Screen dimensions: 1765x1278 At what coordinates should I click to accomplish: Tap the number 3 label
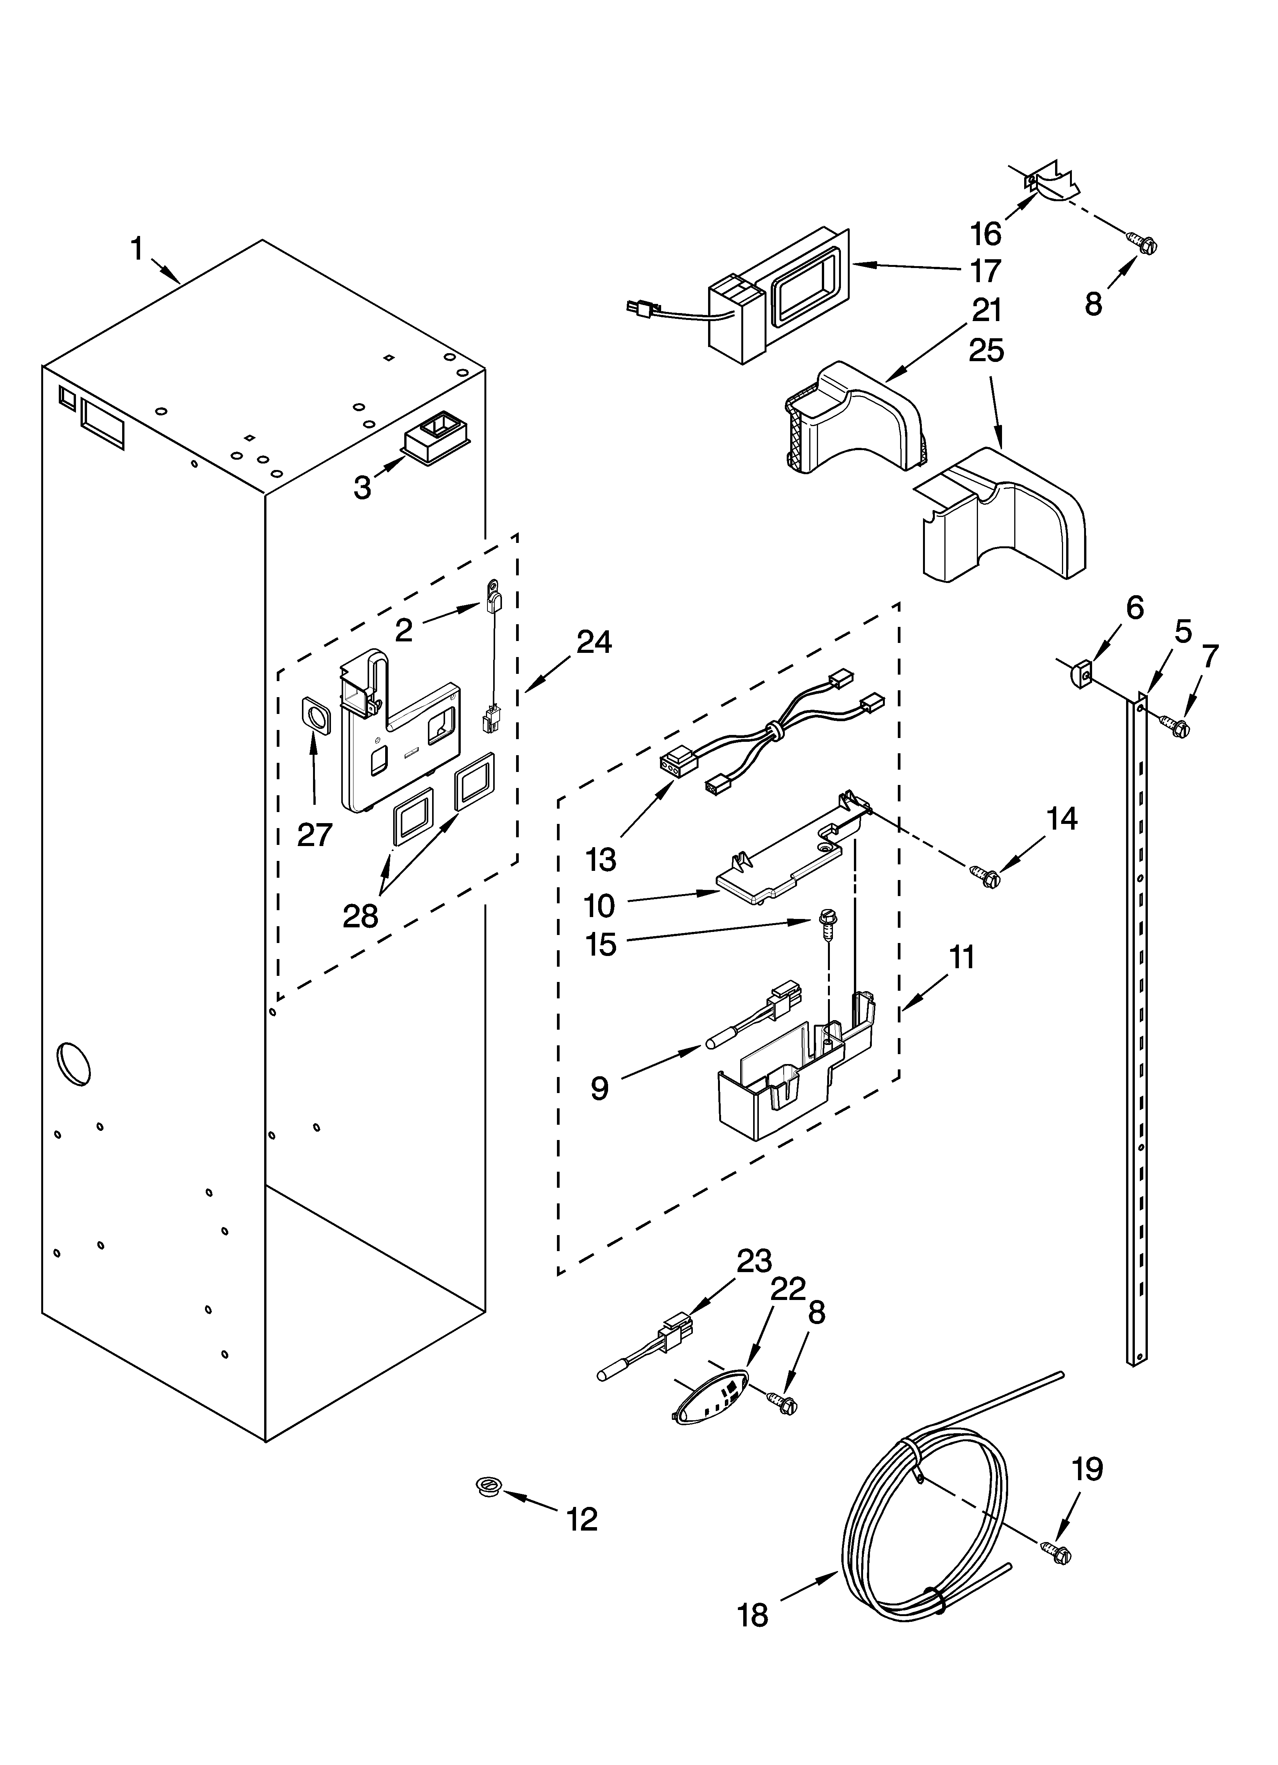[362, 488]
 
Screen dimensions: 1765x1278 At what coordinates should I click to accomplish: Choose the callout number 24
[594, 642]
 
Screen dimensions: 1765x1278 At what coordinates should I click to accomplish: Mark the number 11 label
[962, 957]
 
